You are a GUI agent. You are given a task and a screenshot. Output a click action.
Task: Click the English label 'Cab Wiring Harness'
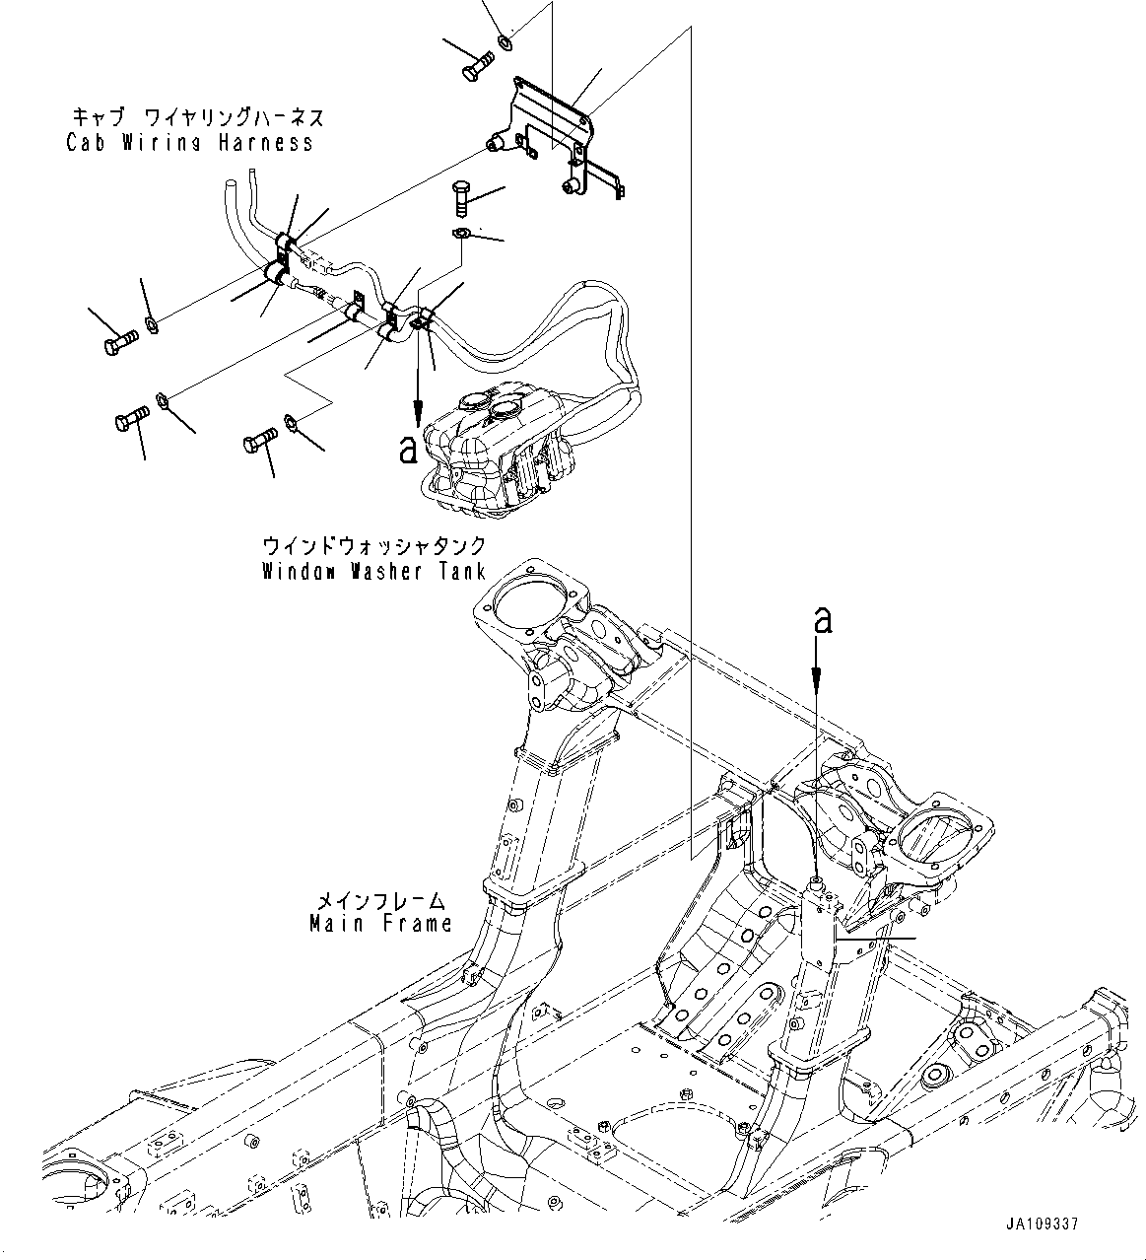[190, 143]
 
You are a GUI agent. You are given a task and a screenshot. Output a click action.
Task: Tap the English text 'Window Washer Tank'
[373, 572]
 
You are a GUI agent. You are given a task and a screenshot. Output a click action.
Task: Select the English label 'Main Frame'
[380, 924]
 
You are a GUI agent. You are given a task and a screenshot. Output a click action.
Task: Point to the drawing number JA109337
[1043, 1224]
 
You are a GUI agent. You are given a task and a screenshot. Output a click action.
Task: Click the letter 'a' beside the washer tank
[406, 450]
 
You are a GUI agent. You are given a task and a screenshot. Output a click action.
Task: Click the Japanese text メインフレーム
[380, 901]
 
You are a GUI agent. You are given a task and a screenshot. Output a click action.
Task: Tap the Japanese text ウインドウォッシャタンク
[373, 547]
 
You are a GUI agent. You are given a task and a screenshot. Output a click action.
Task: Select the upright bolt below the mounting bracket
[461, 200]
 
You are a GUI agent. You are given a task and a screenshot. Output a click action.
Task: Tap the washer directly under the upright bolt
[461, 234]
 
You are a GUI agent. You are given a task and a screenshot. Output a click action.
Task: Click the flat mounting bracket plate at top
[552, 123]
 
